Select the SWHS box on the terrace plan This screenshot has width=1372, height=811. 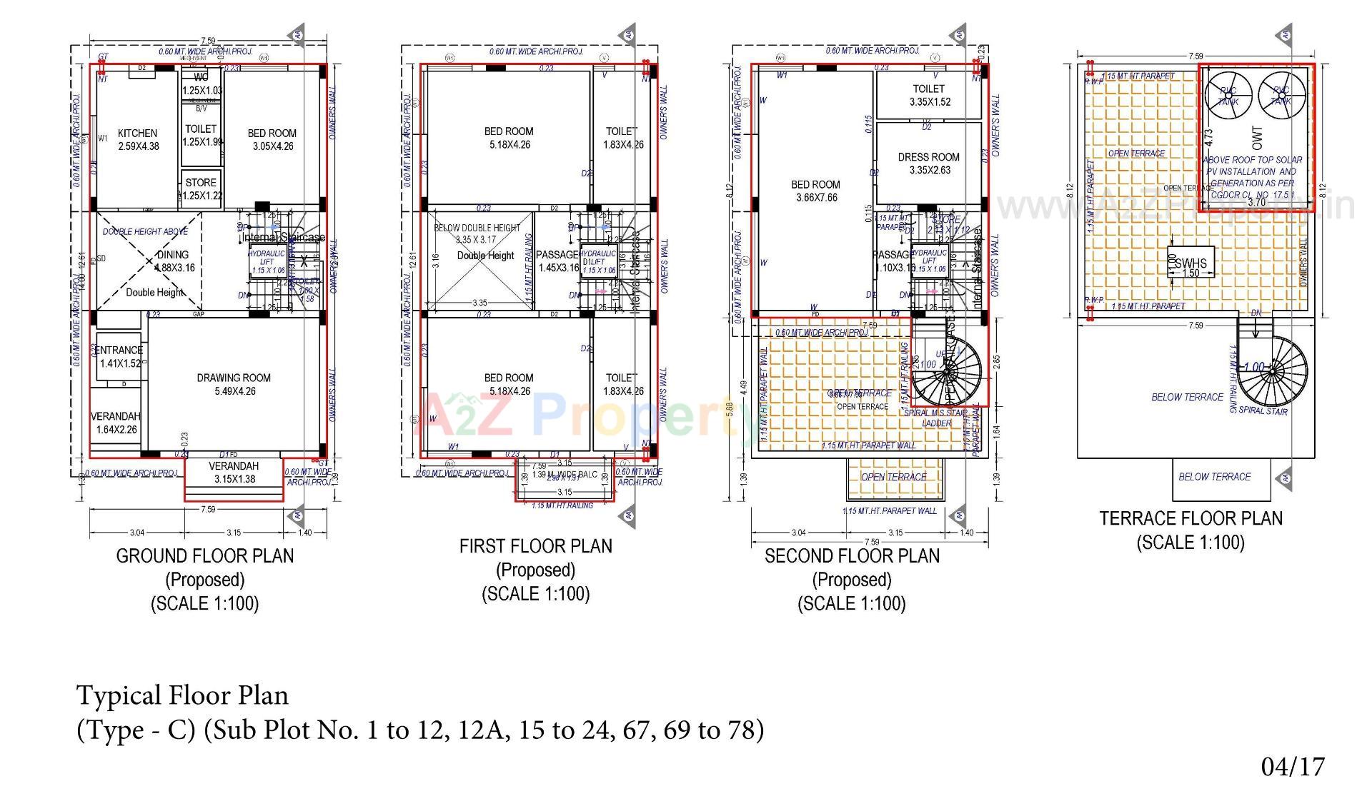tap(1190, 263)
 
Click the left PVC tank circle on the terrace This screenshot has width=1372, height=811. tap(1228, 96)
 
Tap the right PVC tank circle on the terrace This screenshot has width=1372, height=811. tap(1281, 96)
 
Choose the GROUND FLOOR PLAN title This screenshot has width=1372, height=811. tap(205, 555)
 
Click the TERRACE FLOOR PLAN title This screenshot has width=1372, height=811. tap(1190, 518)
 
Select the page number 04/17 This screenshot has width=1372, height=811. tap(1292, 767)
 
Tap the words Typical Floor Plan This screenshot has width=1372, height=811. tap(182, 695)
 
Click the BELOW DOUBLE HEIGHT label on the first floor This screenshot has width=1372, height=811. tap(477, 228)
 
